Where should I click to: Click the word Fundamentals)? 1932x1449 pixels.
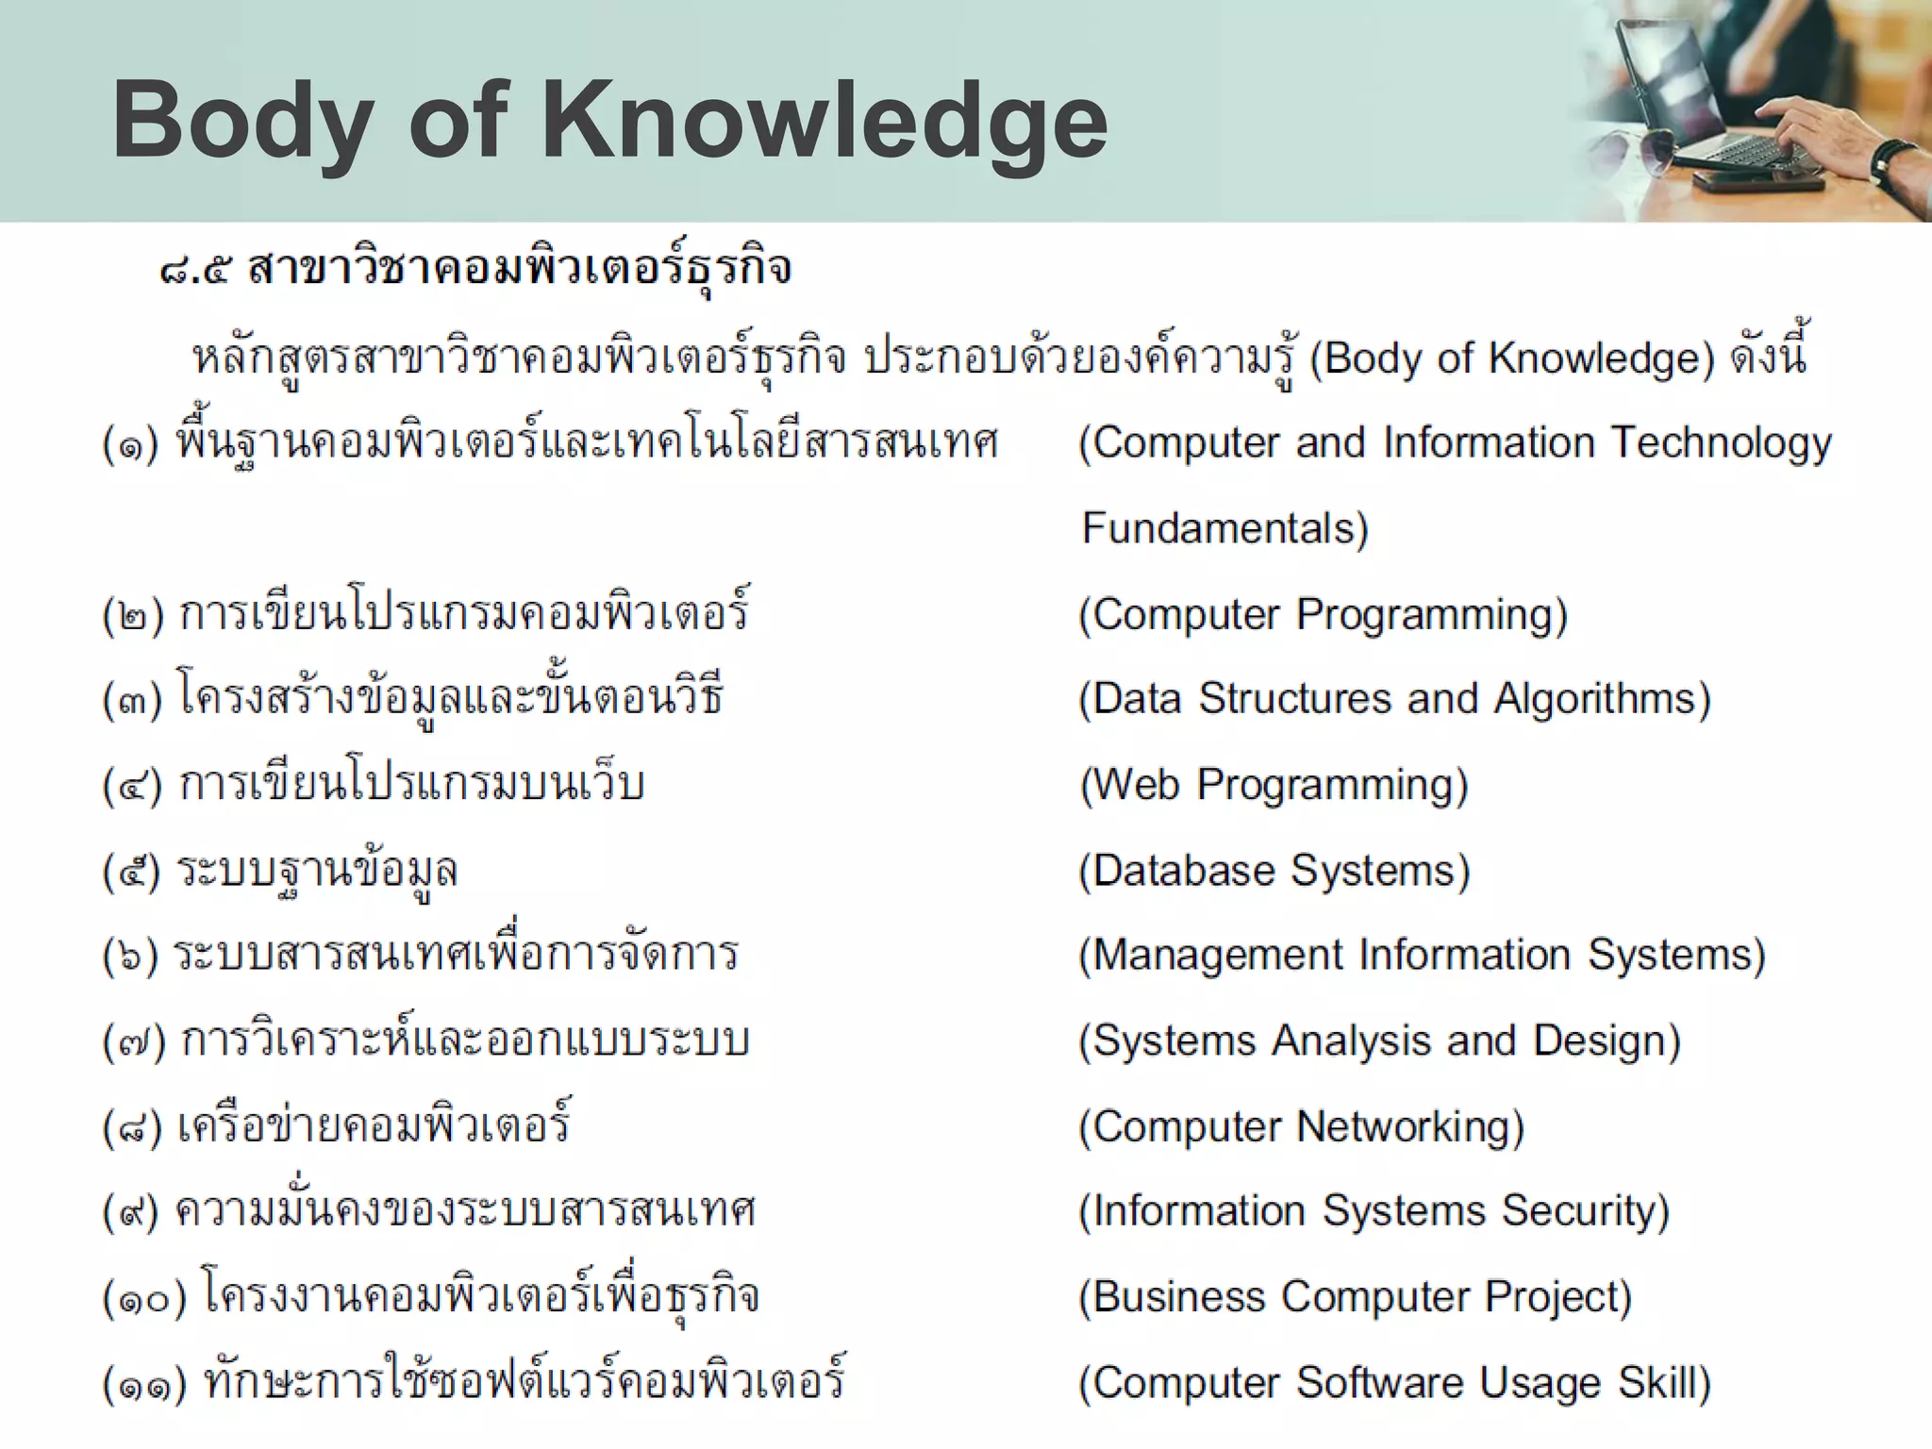tap(1224, 528)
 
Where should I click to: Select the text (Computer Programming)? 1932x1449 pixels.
tap(1323, 614)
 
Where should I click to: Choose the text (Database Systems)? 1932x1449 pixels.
tap(1274, 871)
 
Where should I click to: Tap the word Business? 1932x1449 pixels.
tap(1171, 1297)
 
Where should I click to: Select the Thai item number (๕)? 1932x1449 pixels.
tap(131, 871)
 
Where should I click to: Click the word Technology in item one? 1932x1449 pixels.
tap(1721, 443)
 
